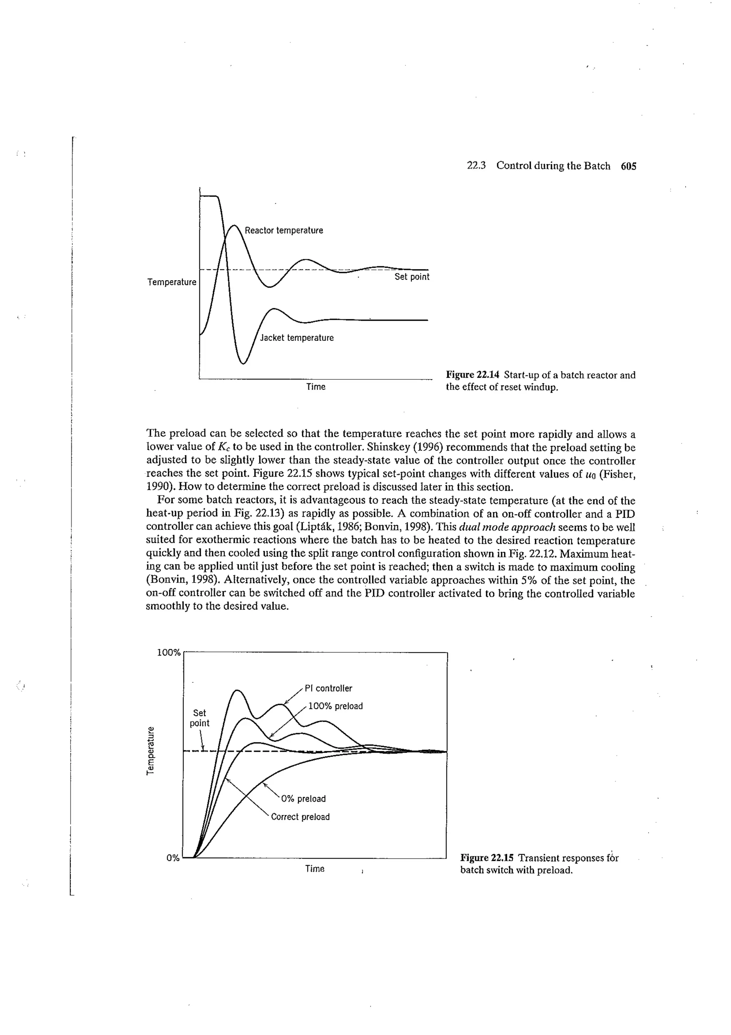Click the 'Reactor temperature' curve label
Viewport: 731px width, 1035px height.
[x=283, y=231]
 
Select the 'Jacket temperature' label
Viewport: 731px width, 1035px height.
[x=297, y=338]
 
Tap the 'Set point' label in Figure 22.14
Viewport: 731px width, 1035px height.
[x=412, y=277]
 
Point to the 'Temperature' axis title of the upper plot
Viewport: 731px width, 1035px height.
[x=172, y=282]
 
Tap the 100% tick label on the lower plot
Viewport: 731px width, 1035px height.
[x=168, y=653]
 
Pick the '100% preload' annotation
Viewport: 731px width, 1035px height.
[x=335, y=706]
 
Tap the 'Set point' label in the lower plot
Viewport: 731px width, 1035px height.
[x=199, y=718]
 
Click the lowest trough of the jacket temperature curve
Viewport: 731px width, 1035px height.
[x=243, y=363]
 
